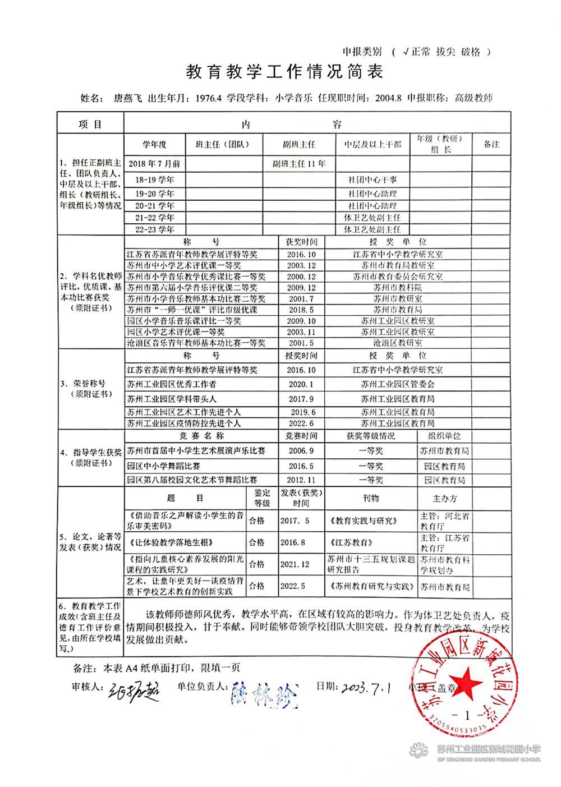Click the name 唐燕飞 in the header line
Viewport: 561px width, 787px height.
tap(126, 98)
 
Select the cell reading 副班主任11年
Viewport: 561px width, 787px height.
tap(299, 164)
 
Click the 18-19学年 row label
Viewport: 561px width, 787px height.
tap(155, 180)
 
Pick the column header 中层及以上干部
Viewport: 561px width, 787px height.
tap(373, 145)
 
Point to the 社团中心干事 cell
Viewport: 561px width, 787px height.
tap(373, 180)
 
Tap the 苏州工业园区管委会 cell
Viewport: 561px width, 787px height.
tap(398, 384)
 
